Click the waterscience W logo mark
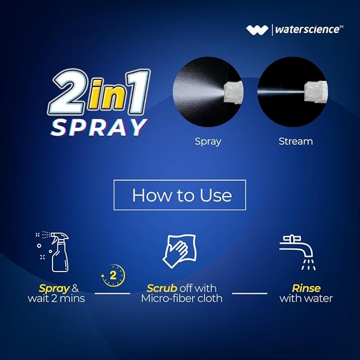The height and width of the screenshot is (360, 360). (x=257, y=30)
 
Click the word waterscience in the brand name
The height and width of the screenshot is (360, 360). (x=308, y=30)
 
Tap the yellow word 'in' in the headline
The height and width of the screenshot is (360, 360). (x=108, y=94)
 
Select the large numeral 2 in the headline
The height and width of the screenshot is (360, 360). (x=68, y=91)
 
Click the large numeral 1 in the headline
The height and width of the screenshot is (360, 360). (x=138, y=91)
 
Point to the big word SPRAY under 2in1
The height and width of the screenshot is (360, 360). (x=99, y=127)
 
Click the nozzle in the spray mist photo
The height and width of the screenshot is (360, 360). (x=233, y=92)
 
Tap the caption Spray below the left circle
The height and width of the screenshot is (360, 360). (x=208, y=142)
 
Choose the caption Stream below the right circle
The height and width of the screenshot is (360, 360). (x=296, y=142)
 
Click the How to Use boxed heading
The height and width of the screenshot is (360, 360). (x=180, y=195)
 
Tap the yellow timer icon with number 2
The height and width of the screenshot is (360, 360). (x=113, y=276)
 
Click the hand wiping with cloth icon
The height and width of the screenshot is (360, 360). (x=180, y=251)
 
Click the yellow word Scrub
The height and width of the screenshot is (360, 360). (x=162, y=288)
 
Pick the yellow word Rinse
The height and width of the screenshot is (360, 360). (x=306, y=288)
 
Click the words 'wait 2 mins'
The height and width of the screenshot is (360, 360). (x=56, y=298)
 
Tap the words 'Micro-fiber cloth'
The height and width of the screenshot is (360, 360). (x=182, y=298)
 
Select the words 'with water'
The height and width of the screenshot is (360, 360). (x=306, y=298)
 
